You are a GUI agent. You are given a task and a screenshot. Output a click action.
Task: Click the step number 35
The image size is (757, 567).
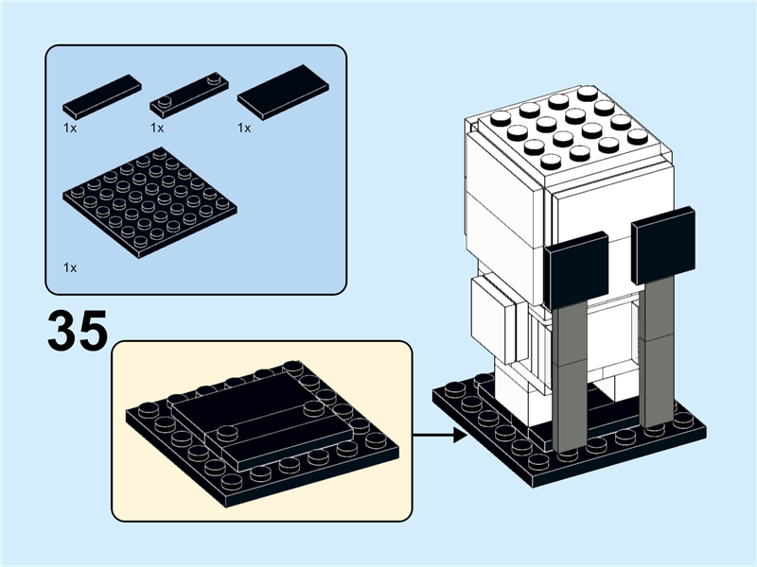(x=77, y=330)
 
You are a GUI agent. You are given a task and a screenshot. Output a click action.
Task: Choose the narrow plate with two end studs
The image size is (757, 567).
(x=189, y=94)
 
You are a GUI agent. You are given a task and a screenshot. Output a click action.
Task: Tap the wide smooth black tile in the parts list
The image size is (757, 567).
(x=283, y=92)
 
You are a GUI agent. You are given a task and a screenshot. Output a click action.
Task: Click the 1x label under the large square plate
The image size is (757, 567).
(x=70, y=267)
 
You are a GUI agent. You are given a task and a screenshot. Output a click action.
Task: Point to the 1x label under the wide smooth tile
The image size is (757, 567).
(x=244, y=127)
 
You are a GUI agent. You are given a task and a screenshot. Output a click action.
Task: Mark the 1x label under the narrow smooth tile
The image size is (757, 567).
(x=70, y=127)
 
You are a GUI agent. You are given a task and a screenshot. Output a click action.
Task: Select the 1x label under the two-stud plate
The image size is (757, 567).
(x=157, y=127)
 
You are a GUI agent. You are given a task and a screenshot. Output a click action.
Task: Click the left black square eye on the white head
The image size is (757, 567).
(x=578, y=270)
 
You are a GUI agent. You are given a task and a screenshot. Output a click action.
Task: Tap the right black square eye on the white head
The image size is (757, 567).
(x=662, y=246)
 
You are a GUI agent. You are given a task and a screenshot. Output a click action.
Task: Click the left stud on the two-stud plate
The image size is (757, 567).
(x=166, y=101)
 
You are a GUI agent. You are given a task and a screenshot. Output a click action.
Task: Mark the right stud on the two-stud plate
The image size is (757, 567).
(x=213, y=79)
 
